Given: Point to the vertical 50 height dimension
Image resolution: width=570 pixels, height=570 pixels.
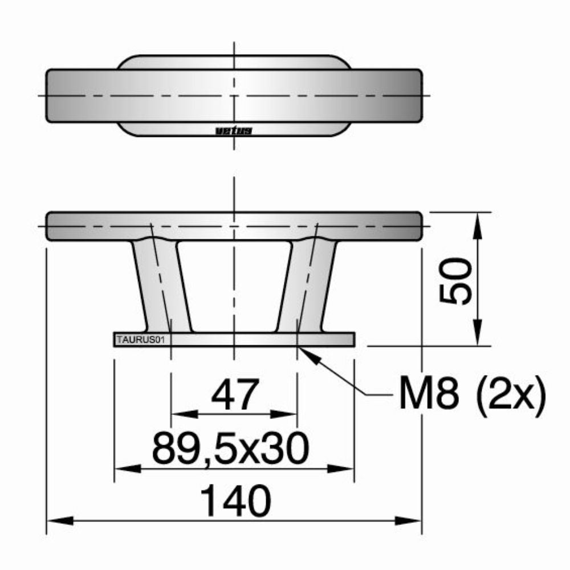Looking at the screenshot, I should pyautogui.click(x=458, y=280).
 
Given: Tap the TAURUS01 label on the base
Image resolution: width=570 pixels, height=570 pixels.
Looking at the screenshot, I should pyautogui.click(x=140, y=340).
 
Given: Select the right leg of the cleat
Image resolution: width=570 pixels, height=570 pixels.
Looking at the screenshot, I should pyautogui.click(x=307, y=285).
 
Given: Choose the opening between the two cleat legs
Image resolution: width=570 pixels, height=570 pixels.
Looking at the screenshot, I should pyautogui.click(x=234, y=285).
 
